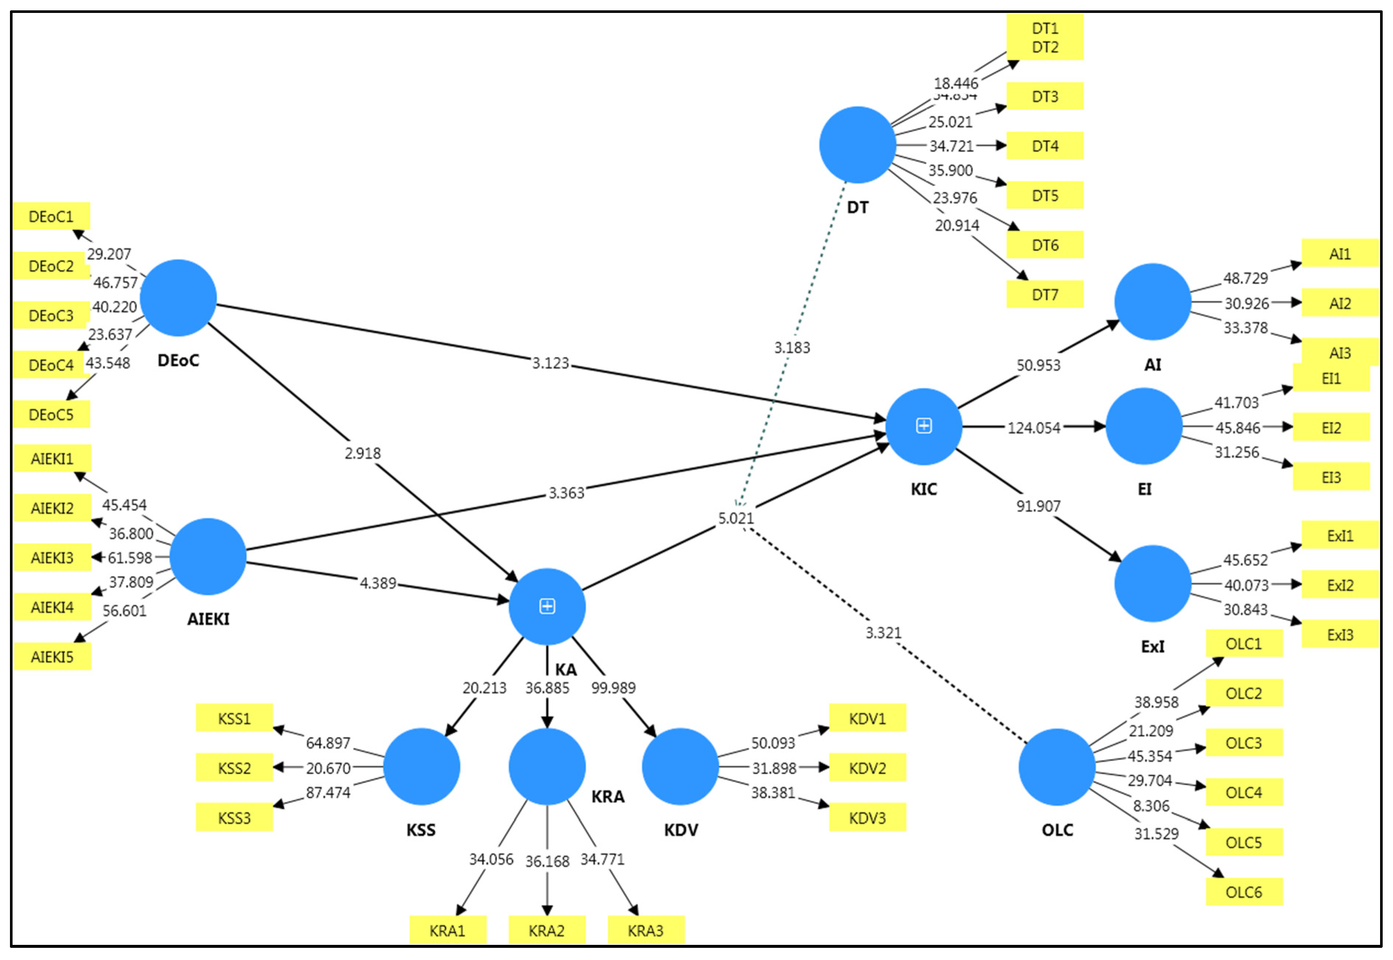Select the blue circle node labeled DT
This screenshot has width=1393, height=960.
[857, 145]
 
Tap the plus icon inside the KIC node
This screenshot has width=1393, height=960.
[923, 426]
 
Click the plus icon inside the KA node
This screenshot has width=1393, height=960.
[547, 606]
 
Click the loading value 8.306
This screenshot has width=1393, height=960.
[1151, 805]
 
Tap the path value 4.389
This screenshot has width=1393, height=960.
[378, 583]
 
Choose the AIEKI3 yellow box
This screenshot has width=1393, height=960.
[52, 557]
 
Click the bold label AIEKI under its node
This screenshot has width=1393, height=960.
[208, 619]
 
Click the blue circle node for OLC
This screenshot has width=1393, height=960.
[1057, 767]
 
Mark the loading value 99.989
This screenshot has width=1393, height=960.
[613, 687]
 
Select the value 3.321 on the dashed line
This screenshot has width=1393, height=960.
[883, 633]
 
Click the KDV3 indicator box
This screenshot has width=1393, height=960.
[867, 818]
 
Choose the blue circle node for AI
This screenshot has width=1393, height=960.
[1152, 301]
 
